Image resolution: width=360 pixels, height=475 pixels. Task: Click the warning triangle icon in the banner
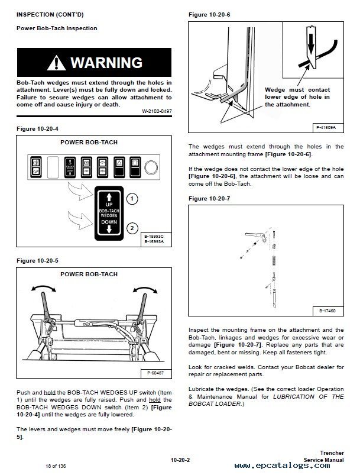click(59, 62)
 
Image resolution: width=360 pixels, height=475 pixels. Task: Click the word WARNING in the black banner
click(106, 62)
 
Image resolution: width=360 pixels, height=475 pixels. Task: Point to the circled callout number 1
click(133, 199)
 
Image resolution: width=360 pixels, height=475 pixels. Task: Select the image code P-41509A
click(326, 127)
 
